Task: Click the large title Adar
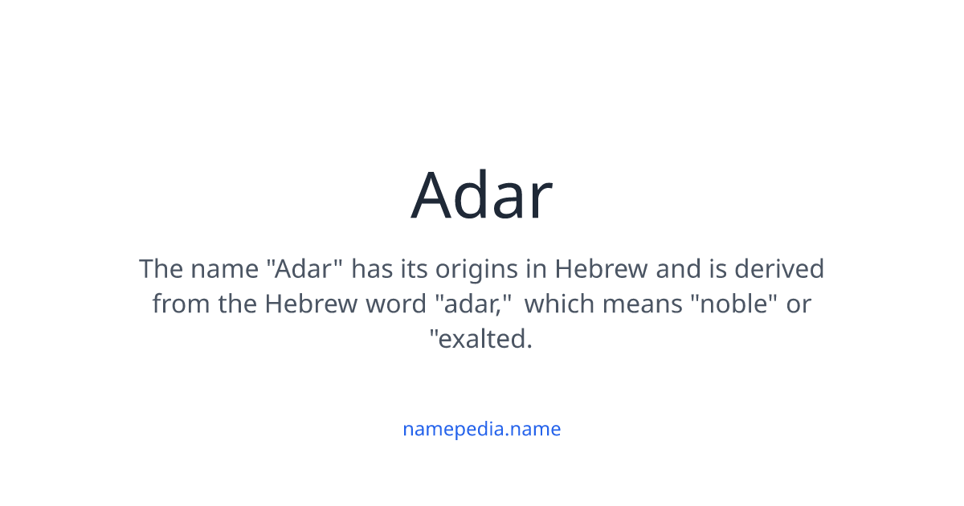tap(481, 195)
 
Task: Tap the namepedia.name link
tap(481, 429)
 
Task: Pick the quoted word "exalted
tap(481, 340)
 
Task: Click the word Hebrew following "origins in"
tap(601, 268)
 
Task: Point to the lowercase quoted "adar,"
tap(473, 304)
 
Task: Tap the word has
tap(373, 268)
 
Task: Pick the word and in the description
tap(677, 268)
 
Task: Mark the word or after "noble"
tap(799, 304)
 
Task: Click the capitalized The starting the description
tap(161, 268)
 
